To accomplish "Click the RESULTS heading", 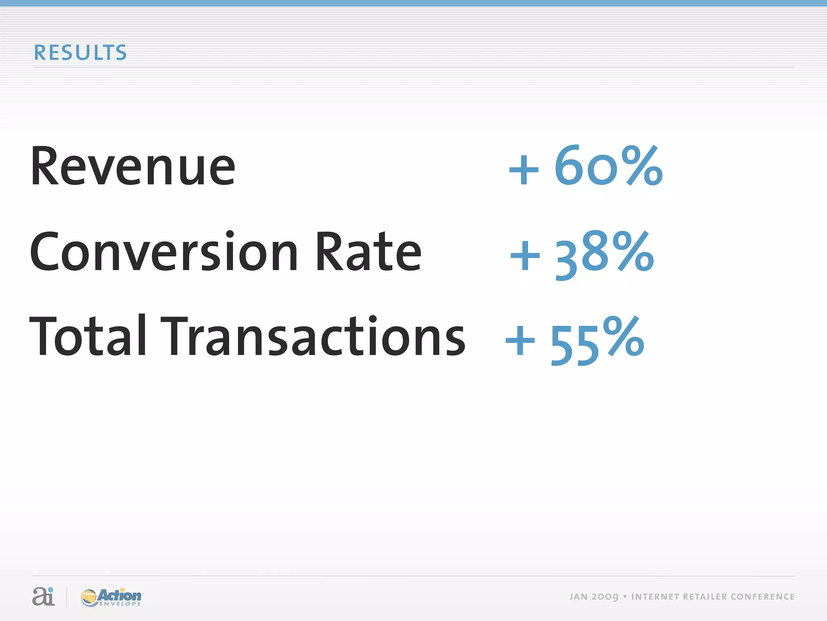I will tap(80, 53).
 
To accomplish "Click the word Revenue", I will tap(133, 167).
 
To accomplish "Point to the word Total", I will tap(88, 336).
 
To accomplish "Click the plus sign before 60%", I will tap(524, 169).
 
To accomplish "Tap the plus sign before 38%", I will tap(525, 256).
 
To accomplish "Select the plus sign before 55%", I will tap(520, 341).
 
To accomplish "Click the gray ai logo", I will tap(43, 596).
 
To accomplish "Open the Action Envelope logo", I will tap(111, 597).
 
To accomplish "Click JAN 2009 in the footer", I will tap(594, 597).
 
